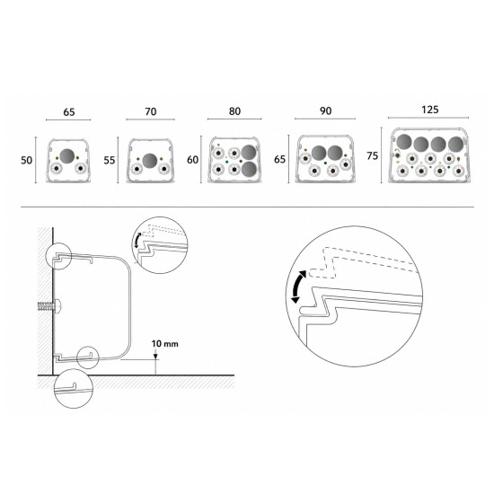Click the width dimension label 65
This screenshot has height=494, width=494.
(69, 112)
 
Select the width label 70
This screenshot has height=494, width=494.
(151, 112)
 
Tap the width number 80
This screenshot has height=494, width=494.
(234, 111)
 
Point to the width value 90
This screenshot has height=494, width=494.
(326, 110)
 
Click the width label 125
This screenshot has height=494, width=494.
(429, 110)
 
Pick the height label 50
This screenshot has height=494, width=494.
(26, 161)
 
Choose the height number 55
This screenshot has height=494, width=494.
(110, 161)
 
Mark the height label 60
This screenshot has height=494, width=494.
(192, 160)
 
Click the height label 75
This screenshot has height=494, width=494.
(373, 156)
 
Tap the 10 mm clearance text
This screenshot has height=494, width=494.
(164, 343)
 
